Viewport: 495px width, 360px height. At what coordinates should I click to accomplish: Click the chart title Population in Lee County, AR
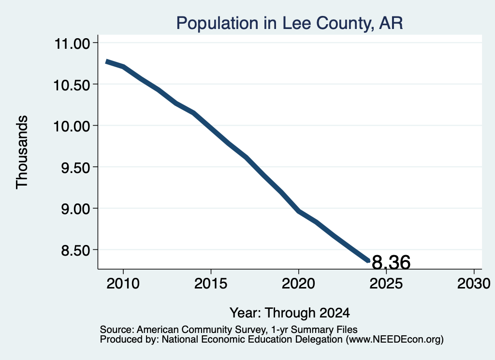pyautogui.click(x=290, y=24)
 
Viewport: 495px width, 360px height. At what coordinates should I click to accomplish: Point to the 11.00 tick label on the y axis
pyautogui.click(x=73, y=43)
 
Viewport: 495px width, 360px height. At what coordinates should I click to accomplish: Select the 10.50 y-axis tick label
pyautogui.click(x=73, y=85)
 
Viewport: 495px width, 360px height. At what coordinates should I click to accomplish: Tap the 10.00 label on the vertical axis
pyautogui.click(x=73, y=127)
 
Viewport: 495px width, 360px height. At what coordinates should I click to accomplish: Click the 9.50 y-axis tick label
pyautogui.click(x=76, y=168)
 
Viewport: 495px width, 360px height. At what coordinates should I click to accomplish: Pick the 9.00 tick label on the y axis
pyautogui.click(x=76, y=209)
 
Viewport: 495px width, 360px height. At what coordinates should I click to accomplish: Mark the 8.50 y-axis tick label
pyautogui.click(x=76, y=250)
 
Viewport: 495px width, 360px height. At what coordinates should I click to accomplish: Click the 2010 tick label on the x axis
pyautogui.click(x=123, y=284)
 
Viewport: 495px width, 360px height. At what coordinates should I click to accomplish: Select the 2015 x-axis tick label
pyautogui.click(x=211, y=284)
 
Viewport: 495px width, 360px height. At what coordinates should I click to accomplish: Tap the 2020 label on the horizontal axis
pyautogui.click(x=298, y=284)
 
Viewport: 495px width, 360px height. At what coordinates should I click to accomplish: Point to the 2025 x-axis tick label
pyautogui.click(x=386, y=284)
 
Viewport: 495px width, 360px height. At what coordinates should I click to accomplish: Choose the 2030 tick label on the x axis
pyautogui.click(x=474, y=284)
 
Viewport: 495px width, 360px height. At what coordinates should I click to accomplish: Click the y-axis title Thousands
pyautogui.click(x=22, y=152)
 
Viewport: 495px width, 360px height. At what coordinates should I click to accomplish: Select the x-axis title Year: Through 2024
pyautogui.click(x=290, y=313)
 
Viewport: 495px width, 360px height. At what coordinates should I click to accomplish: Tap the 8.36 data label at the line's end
pyautogui.click(x=391, y=262)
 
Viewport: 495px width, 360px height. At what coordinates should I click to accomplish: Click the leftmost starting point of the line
pyautogui.click(x=106, y=61)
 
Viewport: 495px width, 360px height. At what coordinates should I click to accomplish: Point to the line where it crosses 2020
pyautogui.click(x=299, y=211)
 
